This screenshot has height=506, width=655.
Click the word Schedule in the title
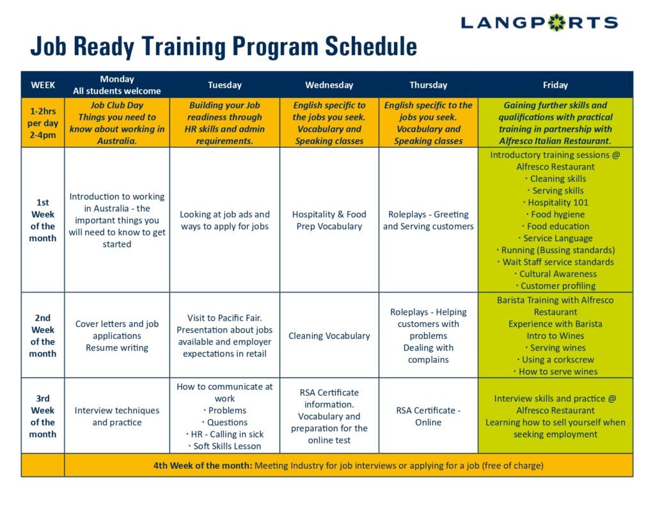(371, 46)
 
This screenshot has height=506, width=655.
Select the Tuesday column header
(225, 85)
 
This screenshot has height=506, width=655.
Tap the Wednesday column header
(329, 85)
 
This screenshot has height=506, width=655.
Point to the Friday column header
(555, 85)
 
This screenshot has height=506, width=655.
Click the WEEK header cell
(43, 85)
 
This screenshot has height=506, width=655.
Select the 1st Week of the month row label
(43, 220)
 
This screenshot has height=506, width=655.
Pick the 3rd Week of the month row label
(43, 416)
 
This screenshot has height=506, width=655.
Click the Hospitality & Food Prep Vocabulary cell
(329, 220)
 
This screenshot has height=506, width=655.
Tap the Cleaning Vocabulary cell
(329, 336)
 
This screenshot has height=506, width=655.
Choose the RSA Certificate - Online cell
(428, 416)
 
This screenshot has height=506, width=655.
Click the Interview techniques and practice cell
(117, 416)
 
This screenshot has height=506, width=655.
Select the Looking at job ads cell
(225, 220)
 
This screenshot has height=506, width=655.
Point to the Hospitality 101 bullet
(556, 203)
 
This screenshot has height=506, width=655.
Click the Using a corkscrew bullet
(555, 360)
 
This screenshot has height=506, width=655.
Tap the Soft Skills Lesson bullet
(225, 447)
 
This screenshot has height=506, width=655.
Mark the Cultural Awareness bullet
(556, 274)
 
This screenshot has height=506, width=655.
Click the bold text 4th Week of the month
(203, 466)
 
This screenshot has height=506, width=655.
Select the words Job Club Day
(117, 106)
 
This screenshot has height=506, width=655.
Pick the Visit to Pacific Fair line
(225, 318)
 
